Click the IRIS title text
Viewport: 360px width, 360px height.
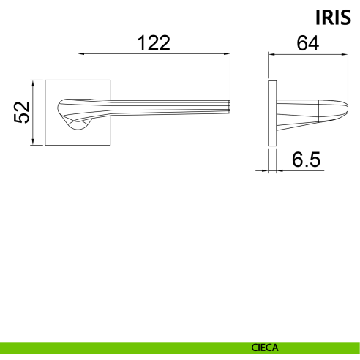coord(333,18)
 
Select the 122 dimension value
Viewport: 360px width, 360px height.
coord(154,43)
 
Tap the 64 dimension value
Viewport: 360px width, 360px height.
coord(307,43)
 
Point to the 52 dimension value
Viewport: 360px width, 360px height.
coord(22,113)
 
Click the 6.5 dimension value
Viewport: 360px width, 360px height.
coord(306,160)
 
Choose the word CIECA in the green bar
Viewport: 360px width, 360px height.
coord(265,348)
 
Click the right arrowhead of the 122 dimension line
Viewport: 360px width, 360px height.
coord(227,53)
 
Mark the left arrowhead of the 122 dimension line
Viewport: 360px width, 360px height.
coord(81,53)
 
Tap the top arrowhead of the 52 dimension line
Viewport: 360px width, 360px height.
coord(33,83)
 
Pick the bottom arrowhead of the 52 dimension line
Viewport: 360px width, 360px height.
coord(33,142)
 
